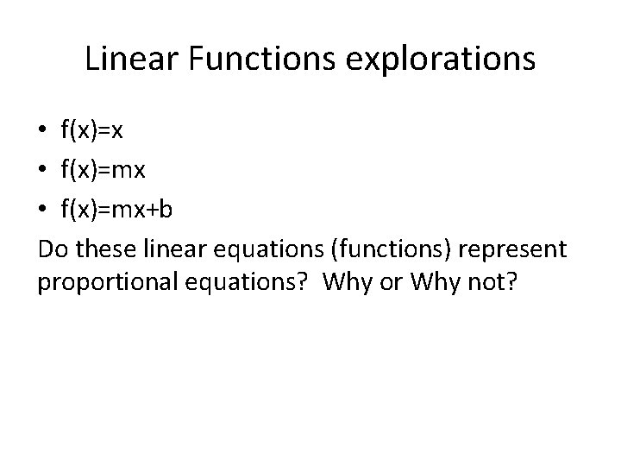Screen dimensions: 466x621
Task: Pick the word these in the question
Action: [x=104, y=249]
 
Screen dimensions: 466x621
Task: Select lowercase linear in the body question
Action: [x=171, y=249]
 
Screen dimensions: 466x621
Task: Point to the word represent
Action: [x=512, y=249]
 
